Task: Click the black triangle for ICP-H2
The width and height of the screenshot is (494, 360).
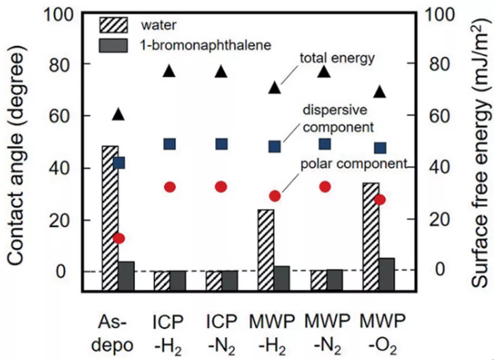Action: [x=170, y=71]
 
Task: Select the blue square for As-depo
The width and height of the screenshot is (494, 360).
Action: [x=118, y=163]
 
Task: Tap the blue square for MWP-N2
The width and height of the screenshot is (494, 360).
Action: [x=325, y=144]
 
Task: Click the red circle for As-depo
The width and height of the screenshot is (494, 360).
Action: [x=118, y=238]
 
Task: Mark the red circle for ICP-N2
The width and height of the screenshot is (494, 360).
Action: [x=221, y=187]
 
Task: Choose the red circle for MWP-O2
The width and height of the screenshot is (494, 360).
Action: [x=380, y=199]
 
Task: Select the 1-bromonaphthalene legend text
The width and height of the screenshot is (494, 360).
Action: [x=205, y=45]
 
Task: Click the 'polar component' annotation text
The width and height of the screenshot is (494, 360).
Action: [x=354, y=164]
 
